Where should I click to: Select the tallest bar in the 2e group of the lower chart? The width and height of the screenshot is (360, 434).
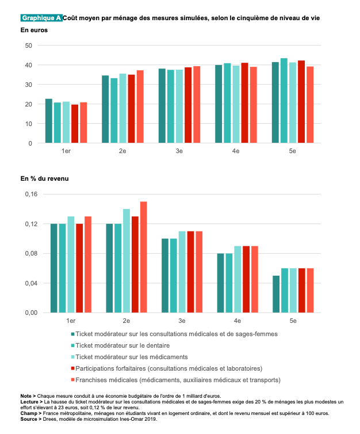click(143, 257)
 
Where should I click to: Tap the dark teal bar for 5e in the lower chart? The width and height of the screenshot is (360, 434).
click(276, 294)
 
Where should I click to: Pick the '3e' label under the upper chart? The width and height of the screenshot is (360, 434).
click(179, 151)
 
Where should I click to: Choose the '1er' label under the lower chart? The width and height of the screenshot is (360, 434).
click(71, 320)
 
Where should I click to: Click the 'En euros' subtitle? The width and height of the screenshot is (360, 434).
click(35, 29)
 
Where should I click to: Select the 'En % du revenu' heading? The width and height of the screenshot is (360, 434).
click(44, 179)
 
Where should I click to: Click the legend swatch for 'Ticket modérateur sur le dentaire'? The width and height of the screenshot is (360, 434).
click(72, 345)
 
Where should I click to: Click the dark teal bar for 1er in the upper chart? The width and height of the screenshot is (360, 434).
click(49, 121)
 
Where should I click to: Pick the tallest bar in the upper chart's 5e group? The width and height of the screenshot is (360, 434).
click(284, 100)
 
